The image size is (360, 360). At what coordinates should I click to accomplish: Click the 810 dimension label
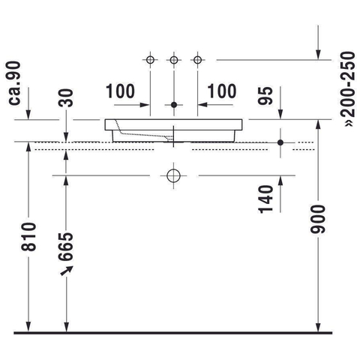pyautogui.click(x=28, y=237)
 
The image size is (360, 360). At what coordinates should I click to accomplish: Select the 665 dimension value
pyautogui.click(x=66, y=247)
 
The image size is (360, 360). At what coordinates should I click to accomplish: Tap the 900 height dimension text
pyautogui.click(x=318, y=219)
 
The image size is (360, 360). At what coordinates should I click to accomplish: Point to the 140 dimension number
pyautogui.click(x=265, y=199)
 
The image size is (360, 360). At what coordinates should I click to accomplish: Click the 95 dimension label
pyautogui.click(x=265, y=96)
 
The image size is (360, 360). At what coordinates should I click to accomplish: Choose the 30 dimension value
pyautogui.click(x=66, y=97)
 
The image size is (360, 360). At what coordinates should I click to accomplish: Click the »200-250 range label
pyautogui.click(x=348, y=88)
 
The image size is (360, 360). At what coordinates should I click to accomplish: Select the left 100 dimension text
pyautogui.click(x=121, y=91)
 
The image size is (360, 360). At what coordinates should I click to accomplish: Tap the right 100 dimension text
pyautogui.click(x=222, y=91)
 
